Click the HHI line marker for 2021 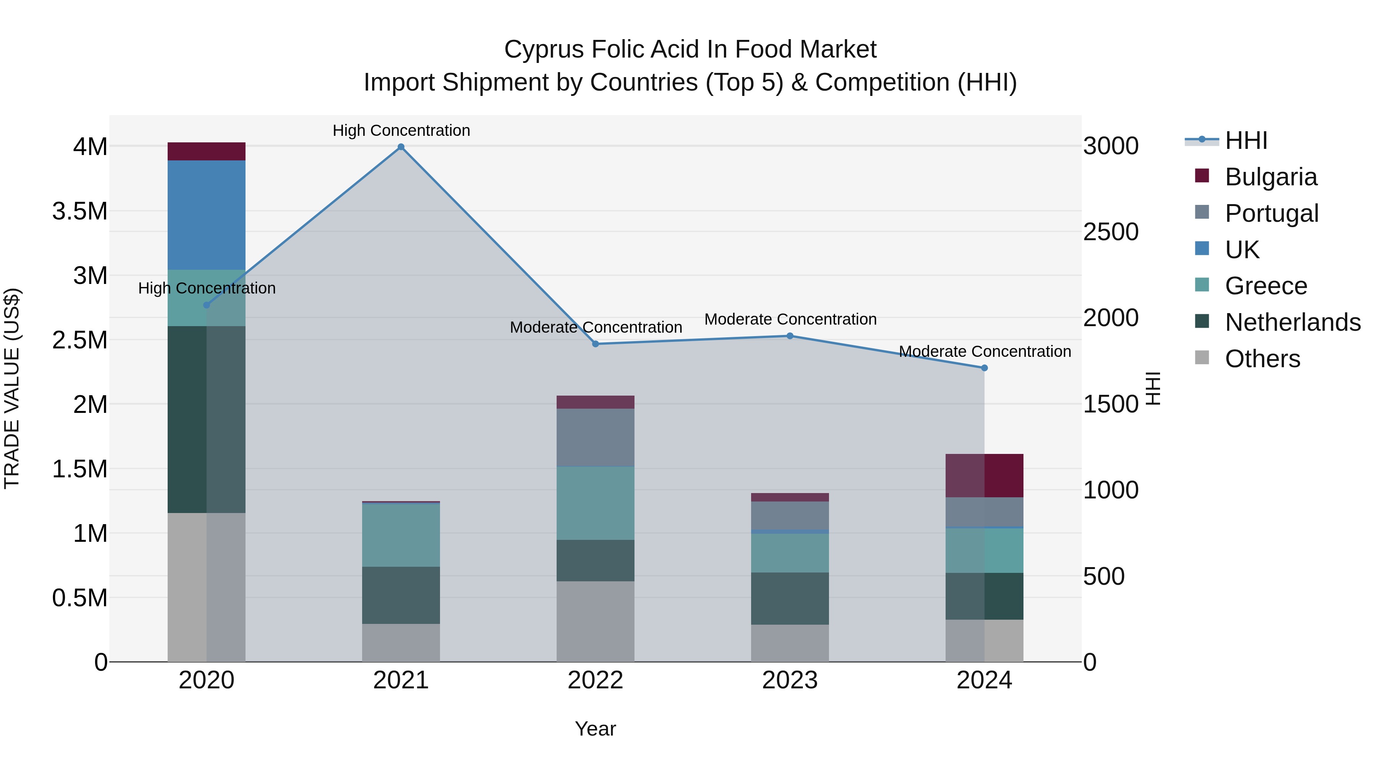[400, 147]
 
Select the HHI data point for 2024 [984, 368]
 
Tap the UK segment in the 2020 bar [206, 214]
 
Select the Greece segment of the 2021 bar [400, 534]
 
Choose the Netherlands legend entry [1292, 322]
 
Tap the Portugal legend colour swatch [1202, 212]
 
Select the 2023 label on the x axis [790, 680]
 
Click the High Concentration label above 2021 [401, 130]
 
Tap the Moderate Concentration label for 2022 [596, 327]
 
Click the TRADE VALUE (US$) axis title [12, 388]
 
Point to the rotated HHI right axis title [1153, 388]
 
